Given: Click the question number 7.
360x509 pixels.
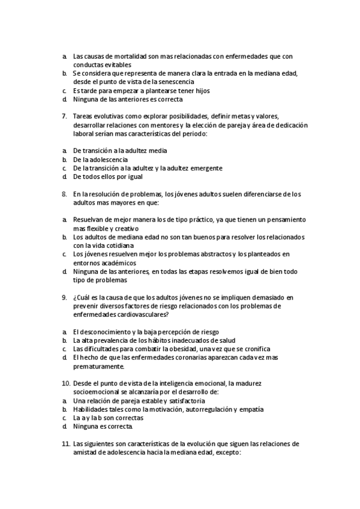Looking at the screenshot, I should (64, 116).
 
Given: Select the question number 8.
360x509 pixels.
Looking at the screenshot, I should (64, 194).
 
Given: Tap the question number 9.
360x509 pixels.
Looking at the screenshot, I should (64, 297).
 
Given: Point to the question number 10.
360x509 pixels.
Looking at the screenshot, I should (66, 383).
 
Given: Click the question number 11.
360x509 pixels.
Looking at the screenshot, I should (66, 444).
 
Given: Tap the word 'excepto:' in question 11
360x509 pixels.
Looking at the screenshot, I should (225, 453).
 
